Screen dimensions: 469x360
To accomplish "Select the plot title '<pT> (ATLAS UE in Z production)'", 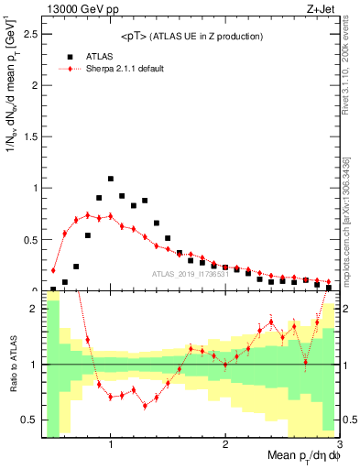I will point(191,36).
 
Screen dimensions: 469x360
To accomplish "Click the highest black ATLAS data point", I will point(111,179).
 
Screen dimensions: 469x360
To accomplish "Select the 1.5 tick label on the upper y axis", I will point(29,136).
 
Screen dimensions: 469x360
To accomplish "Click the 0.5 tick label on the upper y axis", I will point(29,239).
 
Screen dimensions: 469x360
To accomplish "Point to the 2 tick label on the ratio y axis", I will point(34,309).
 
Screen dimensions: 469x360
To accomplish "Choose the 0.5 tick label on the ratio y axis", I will point(29,420).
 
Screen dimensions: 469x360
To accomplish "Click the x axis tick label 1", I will point(111,445).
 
